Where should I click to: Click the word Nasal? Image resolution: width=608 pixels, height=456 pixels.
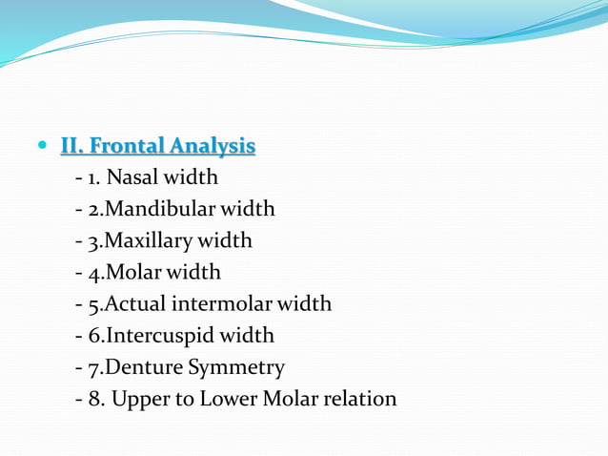click(133, 177)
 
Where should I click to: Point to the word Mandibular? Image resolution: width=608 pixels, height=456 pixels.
click(162, 209)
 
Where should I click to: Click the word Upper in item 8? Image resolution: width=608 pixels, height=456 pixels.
click(138, 399)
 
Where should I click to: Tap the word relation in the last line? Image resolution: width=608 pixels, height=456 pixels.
click(358, 399)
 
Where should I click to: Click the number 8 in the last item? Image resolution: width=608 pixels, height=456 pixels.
click(94, 399)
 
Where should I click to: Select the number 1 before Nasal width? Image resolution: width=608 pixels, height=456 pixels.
click(93, 177)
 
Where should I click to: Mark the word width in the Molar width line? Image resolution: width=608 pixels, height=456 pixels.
click(196, 273)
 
